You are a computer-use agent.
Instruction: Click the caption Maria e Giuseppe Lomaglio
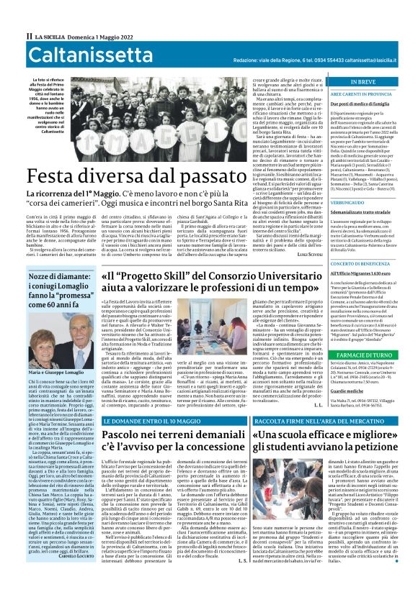[60, 373]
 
